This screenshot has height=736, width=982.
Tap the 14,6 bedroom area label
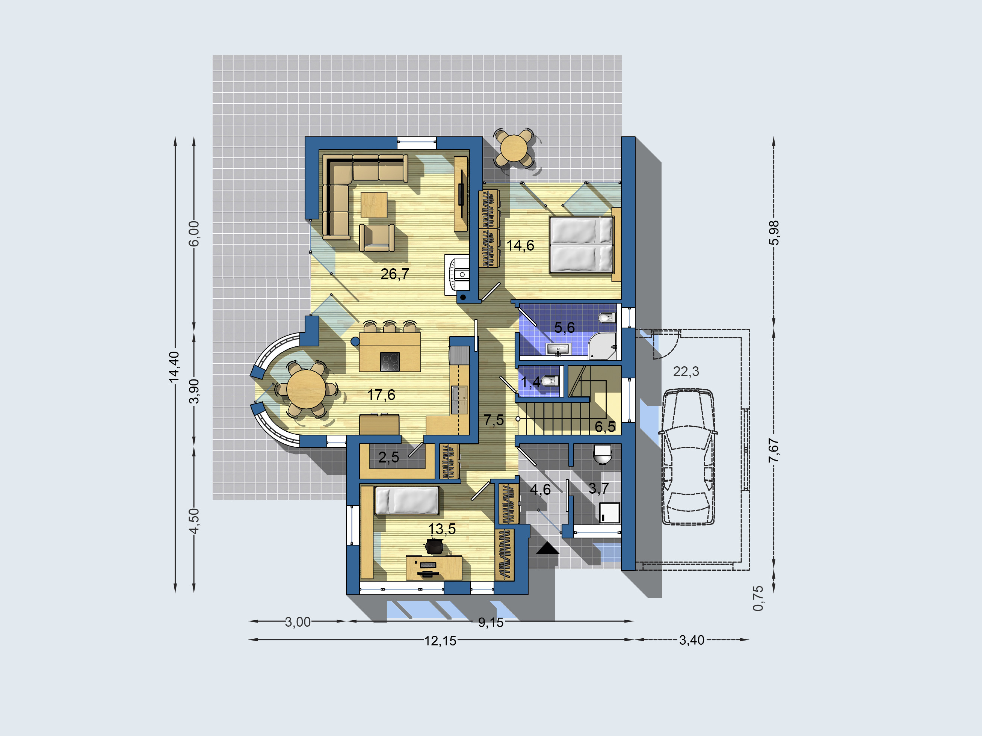click(x=520, y=245)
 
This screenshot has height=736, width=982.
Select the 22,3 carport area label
click(x=686, y=372)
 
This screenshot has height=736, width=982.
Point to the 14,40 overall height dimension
click(x=174, y=367)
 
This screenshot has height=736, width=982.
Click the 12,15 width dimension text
click(x=440, y=641)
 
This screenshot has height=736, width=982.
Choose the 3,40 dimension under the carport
click(x=692, y=640)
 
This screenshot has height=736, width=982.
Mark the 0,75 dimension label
click(x=758, y=598)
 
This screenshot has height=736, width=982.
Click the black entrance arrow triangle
click(x=547, y=548)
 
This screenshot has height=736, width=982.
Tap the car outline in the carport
click(x=688, y=457)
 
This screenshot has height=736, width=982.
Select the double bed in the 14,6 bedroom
click(x=582, y=245)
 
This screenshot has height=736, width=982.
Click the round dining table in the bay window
click(x=306, y=389)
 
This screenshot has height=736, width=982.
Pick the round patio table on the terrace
click(x=514, y=148)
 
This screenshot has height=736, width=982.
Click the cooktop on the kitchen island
click(x=390, y=361)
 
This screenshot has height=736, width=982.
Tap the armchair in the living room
click(x=376, y=238)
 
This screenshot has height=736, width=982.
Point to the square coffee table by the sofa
click(x=374, y=205)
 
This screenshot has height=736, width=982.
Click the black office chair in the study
click(x=434, y=546)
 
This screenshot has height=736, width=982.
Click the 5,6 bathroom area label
click(x=564, y=328)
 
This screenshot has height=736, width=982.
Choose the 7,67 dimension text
click(x=774, y=450)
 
